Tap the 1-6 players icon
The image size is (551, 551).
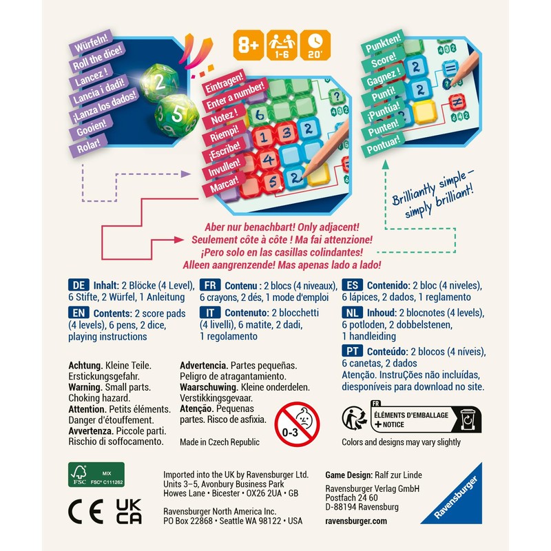(x=283, y=46)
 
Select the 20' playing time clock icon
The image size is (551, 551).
(x=317, y=46)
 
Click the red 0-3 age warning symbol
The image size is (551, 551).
(x=297, y=425)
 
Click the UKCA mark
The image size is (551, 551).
(x=128, y=512)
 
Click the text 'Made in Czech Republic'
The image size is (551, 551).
(x=219, y=442)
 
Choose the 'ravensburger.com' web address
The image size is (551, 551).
(x=356, y=521)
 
